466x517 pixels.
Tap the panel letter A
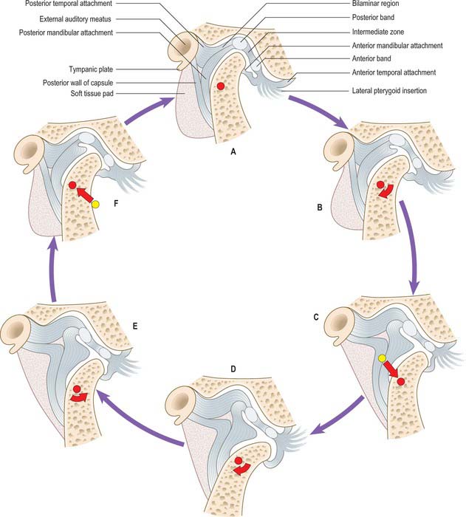click(x=233, y=150)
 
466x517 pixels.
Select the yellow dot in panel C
click(x=383, y=359)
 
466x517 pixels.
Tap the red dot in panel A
click(x=220, y=87)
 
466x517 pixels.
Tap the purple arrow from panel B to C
click(x=411, y=244)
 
